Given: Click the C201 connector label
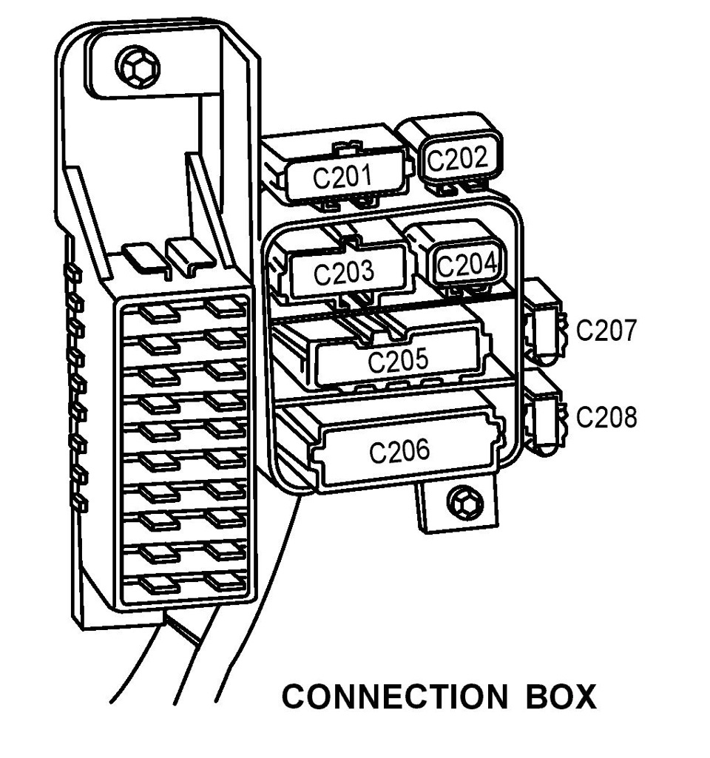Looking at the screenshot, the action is (x=342, y=176).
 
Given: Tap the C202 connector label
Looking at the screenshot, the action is (x=458, y=158).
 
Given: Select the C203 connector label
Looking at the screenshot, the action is (x=344, y=271).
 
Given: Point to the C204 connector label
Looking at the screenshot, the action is (x=467, y=265).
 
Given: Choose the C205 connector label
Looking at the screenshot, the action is (x=398, y=360).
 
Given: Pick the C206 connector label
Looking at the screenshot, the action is (x=399, y=450).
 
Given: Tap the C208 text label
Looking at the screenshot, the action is (x=606, y=416).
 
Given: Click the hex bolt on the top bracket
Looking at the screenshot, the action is (x=138, y=67).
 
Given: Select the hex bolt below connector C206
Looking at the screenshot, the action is (x=466, y=504).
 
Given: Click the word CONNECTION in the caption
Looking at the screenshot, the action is (x=394, y=697).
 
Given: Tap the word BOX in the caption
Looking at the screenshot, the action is (x=561, y=697).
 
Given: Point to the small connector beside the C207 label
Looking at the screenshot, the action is (x=544, y=322).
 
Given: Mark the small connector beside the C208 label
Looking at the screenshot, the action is (x=544, y=413).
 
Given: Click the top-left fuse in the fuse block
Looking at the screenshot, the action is (x=159, y=314).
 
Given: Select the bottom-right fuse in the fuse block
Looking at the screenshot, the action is (x=224, y=580).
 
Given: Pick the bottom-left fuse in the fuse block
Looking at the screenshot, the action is (x=159, y=585).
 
